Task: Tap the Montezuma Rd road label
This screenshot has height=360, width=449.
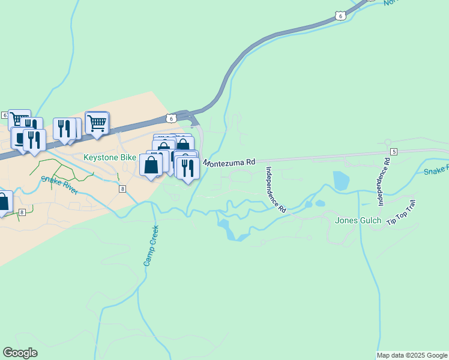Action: coord(229,162)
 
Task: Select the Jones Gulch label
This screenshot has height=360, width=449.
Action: coord(358,220)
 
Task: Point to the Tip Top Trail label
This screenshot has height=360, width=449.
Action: coord(401,214)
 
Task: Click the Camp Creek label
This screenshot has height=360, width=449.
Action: coord(151,245)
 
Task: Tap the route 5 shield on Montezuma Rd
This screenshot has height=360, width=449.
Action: coord(394,151)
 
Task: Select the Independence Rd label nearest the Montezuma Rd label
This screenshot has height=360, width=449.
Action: coord(276,190)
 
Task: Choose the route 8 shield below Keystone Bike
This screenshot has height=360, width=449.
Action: coord(122,189)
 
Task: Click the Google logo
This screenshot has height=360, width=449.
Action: coord(20,353)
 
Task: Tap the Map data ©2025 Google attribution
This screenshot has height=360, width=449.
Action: coord(412,356)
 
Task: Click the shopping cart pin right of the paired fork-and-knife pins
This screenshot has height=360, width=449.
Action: coord(97,123)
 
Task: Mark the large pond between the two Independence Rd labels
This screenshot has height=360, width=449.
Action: coord(341,181)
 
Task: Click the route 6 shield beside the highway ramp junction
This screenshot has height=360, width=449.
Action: coord(171,118)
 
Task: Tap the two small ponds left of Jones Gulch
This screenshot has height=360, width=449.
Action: coord(314,204)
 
